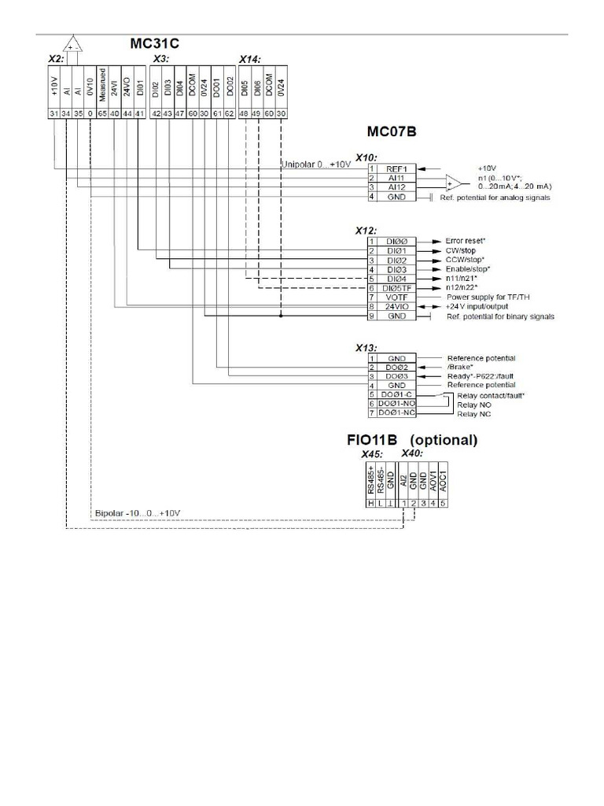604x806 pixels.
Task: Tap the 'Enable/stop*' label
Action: (468, 269)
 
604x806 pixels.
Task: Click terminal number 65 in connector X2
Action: (102, 114)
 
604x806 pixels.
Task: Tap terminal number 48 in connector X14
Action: (245, 114)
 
